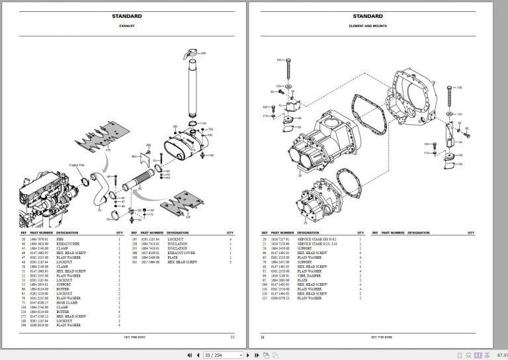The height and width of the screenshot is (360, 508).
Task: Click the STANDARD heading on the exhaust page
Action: (126, 16)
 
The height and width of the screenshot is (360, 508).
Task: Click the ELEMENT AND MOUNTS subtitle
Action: (368, 26)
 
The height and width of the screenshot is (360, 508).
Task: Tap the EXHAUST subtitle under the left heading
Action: (126, 26)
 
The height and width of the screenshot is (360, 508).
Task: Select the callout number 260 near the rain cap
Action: (203, 53)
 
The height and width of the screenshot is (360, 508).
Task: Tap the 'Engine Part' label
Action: (77, 163)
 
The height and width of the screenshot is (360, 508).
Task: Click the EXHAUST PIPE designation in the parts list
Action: (68, 243)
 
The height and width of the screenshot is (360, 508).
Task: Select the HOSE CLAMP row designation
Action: (67, 302)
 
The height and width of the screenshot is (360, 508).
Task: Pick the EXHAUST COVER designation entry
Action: (181, 252)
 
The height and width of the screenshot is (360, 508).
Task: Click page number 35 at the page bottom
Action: (232, 337)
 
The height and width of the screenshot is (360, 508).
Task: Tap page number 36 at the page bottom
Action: (262, 337)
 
